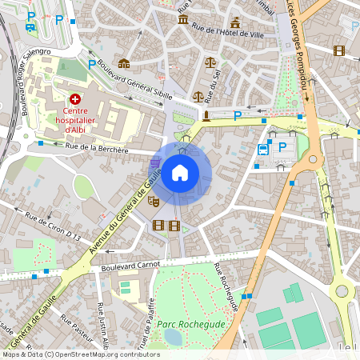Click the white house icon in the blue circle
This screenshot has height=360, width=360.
(180, 173)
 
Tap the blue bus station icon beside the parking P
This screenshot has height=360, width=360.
(263, 149)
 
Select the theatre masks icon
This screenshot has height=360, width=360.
(154, 202)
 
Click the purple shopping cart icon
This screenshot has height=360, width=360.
(154, 163)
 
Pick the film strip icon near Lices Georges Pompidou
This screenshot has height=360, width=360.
(339, 50)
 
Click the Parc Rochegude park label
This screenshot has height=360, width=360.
(191, 324)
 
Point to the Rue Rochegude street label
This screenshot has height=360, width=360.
(227, 287)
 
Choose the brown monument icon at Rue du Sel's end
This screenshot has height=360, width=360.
(206, 115)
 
